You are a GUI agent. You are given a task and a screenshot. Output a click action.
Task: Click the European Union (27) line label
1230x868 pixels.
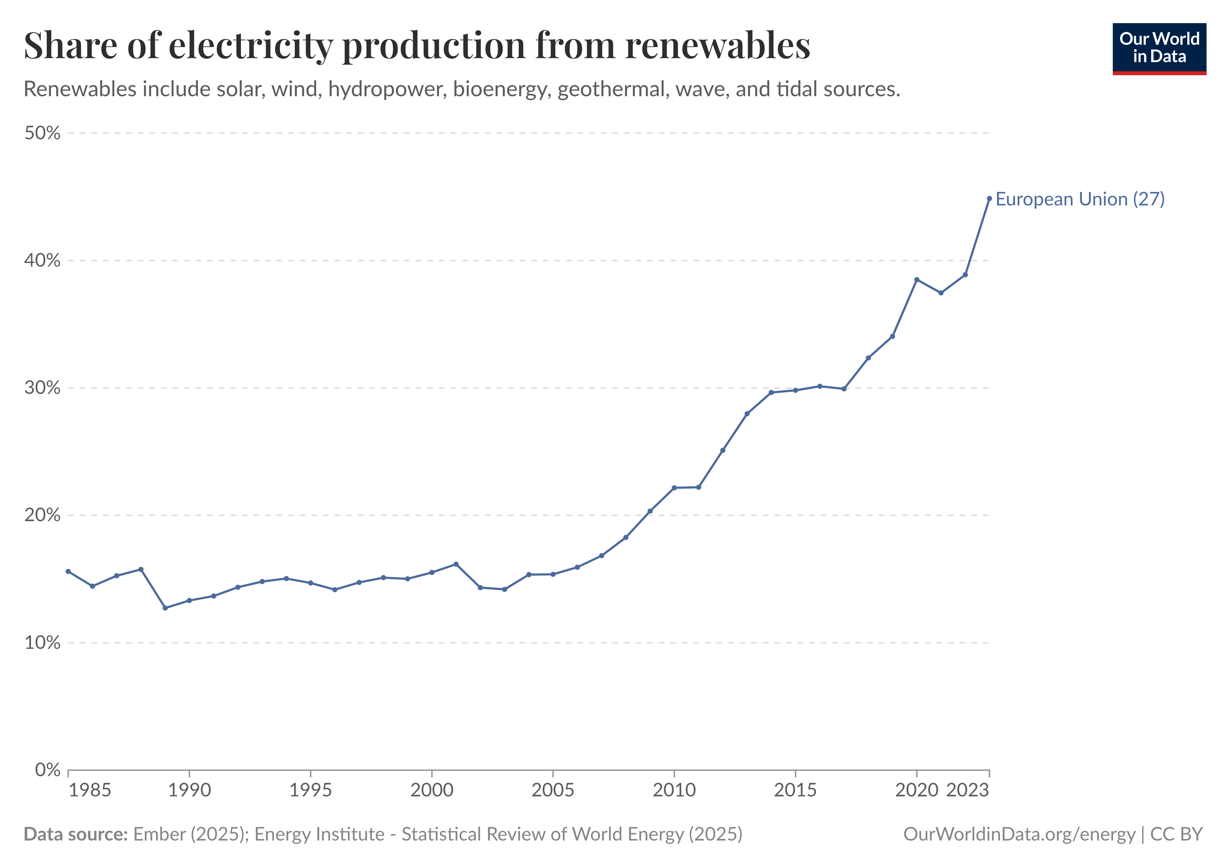1080,199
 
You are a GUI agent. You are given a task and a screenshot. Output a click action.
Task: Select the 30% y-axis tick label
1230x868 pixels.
42,388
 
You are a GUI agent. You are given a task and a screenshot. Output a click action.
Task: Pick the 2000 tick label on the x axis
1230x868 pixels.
432,790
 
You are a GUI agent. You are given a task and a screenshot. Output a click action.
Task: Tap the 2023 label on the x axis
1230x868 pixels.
967,790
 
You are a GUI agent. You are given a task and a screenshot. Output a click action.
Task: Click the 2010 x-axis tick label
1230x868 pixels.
674,790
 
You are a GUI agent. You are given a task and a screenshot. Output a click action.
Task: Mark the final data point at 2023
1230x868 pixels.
989,199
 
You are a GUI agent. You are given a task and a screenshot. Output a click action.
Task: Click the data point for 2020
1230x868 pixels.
917,280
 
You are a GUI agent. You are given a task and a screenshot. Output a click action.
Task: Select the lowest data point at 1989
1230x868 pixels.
165,608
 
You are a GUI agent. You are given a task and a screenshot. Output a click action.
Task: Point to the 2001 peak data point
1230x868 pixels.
456,564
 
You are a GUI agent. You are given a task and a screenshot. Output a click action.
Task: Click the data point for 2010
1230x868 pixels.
674,488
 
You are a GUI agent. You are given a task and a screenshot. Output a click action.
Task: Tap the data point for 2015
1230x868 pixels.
796,390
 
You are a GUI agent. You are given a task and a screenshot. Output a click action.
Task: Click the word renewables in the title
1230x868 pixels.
718,46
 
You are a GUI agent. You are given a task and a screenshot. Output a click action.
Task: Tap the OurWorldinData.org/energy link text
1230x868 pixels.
1019,834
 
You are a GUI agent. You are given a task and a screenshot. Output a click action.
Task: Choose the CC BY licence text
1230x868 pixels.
1176,834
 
